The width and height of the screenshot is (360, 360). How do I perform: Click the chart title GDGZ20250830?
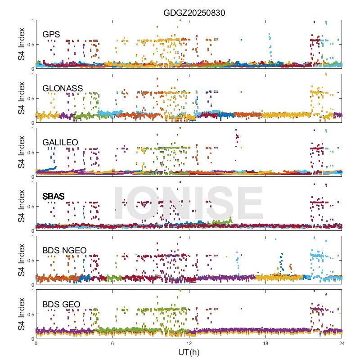(194, 13)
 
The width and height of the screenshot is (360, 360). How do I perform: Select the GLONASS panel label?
(63, 88)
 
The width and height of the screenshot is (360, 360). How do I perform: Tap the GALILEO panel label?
(60, 142)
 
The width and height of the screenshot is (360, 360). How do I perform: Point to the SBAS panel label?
(53, 196)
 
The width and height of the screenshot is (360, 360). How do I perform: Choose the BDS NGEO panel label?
(64, 250)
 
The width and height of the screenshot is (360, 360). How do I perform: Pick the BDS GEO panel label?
(61, 305)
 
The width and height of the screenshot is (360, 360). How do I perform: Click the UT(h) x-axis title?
(189, 352)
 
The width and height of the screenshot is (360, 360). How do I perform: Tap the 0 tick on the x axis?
(36, 343)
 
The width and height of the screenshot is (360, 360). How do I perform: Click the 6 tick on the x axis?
(112, 343)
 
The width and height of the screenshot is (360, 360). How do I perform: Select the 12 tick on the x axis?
(189, 343)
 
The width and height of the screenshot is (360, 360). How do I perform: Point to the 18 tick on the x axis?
(265, 343)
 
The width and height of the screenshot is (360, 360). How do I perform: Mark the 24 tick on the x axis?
(342, 343)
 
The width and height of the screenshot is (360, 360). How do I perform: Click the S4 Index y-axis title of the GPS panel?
(22, 44)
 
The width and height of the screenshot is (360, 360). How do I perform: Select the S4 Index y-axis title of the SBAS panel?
(22, 206)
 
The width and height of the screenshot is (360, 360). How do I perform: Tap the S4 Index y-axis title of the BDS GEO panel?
(22, 314)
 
